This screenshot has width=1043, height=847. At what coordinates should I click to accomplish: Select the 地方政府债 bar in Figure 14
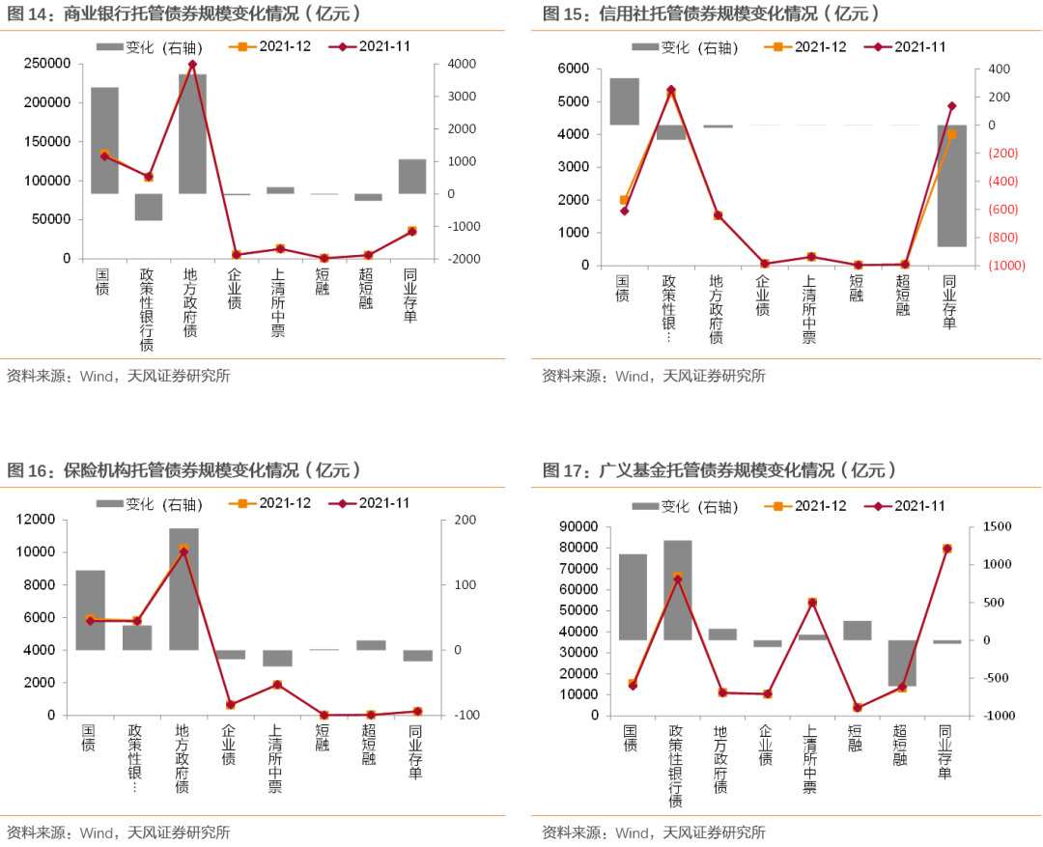coord(192,133)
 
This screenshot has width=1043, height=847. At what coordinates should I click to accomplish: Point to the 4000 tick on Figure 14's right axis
coord(457,64)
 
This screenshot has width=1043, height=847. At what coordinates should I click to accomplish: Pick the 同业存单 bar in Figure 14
coord(412,176)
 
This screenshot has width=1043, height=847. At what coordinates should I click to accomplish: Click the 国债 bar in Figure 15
coord(624,101)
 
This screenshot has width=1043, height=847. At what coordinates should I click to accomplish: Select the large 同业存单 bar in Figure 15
coord(951,185)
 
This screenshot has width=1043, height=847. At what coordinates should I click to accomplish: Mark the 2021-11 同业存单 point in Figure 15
coord(951,106)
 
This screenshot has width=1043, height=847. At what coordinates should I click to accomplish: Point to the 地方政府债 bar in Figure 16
coord(183,588)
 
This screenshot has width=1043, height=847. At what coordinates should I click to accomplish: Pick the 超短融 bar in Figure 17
coord(902,663)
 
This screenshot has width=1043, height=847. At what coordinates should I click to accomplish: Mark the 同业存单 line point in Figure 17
coord(947,549)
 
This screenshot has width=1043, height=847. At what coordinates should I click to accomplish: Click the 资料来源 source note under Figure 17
coord(653,832)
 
